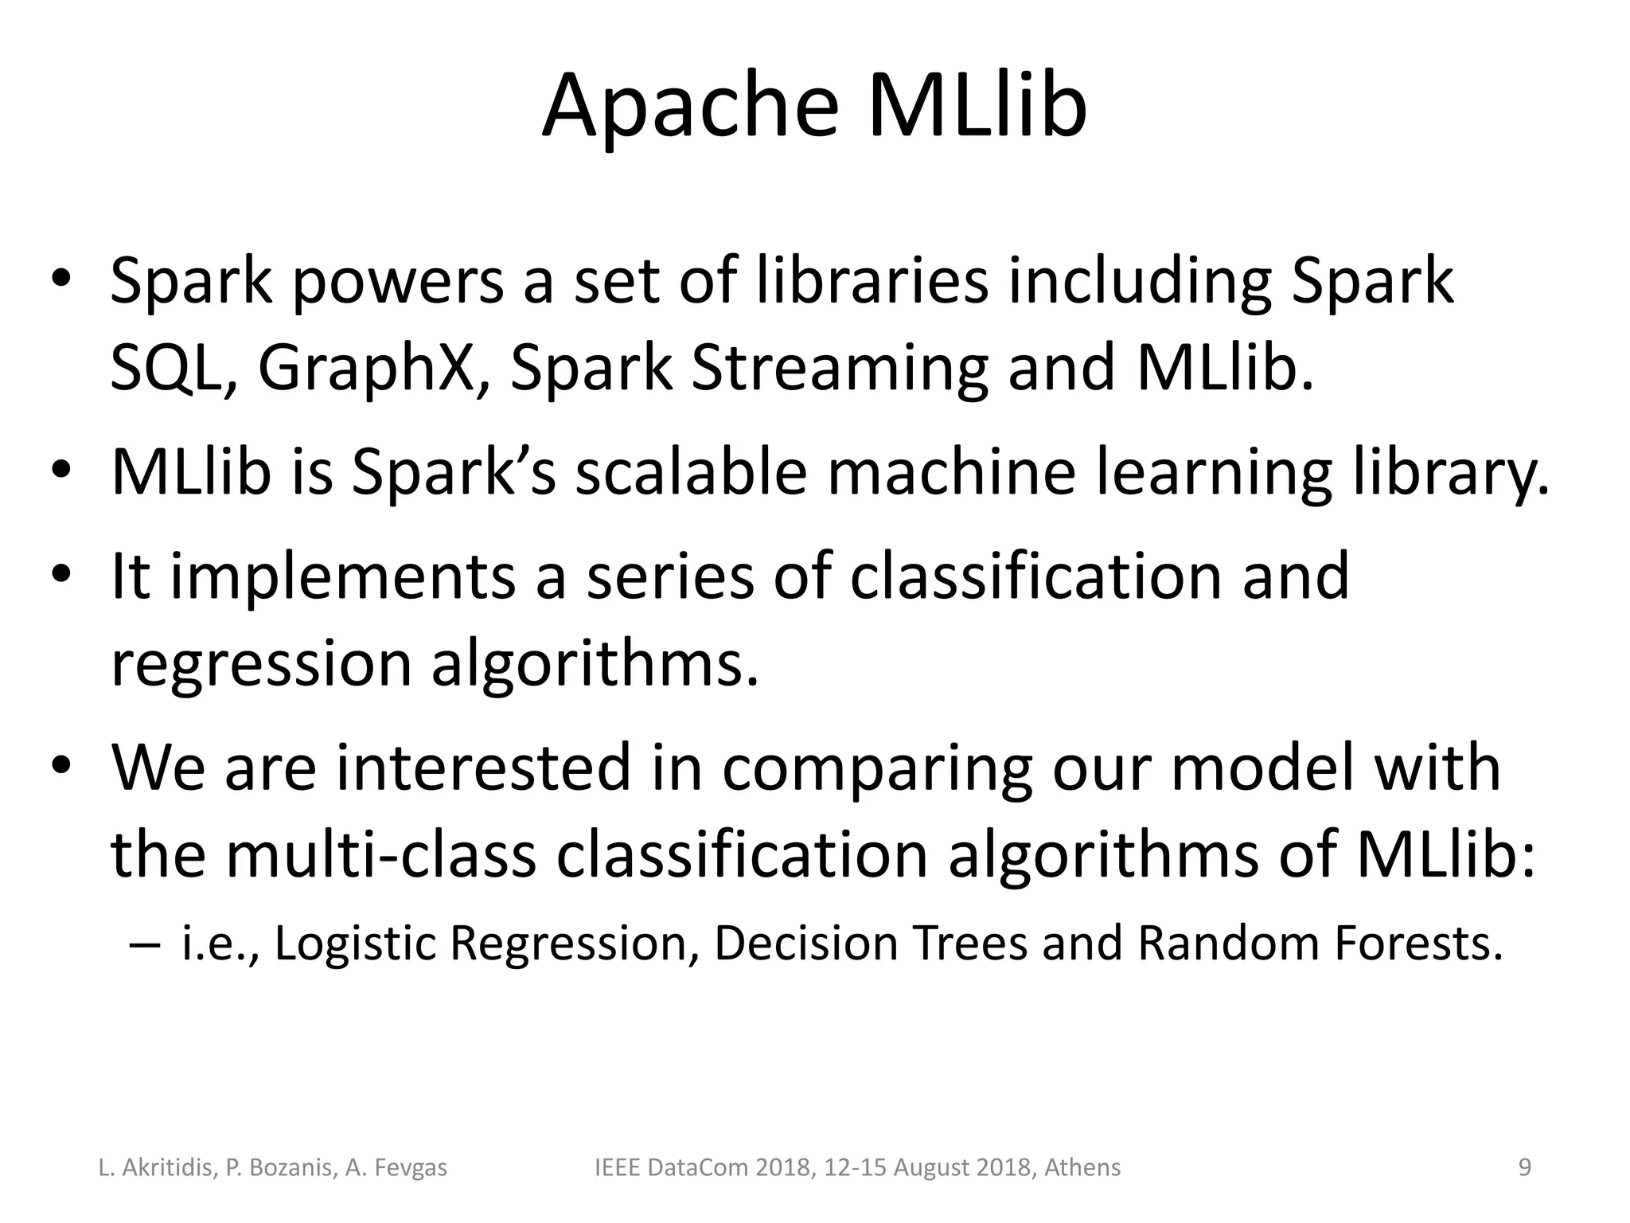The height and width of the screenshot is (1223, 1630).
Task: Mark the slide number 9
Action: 1525,1168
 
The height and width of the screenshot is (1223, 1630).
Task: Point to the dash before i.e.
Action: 143,945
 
